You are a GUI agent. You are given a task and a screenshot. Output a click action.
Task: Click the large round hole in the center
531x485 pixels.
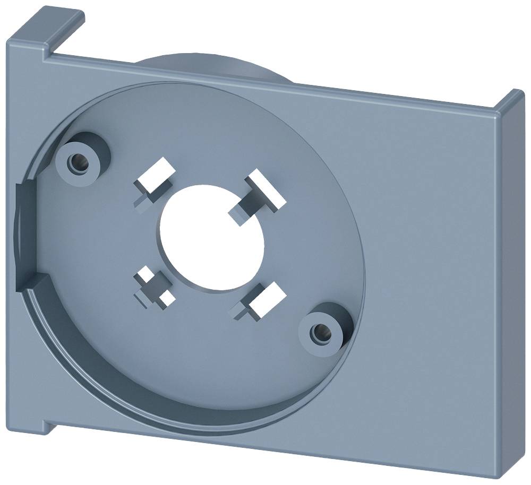coord(211,237)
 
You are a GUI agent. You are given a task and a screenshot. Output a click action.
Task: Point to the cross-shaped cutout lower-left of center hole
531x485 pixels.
coord(154,286)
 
